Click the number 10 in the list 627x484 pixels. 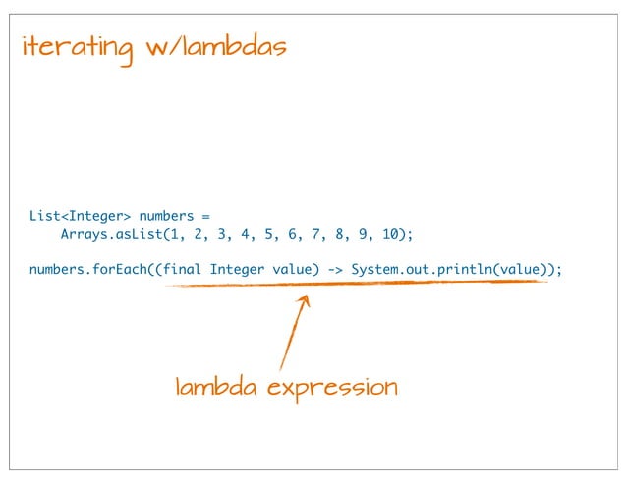(x=394, y=235)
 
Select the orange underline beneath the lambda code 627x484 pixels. (x=354, y=284)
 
